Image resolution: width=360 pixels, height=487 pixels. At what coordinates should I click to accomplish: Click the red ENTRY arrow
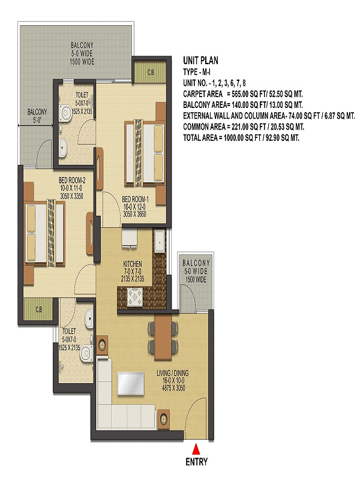coord(196,449)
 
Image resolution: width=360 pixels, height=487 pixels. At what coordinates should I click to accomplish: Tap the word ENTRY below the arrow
coord(196,462)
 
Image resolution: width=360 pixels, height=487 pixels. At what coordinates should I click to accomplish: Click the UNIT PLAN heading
coord(200,60)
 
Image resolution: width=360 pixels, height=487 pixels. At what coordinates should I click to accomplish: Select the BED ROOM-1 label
coord(135,199)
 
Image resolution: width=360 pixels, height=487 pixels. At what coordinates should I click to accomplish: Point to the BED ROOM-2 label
coord(72,180)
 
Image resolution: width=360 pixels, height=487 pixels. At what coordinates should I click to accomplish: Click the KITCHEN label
coord(133,264)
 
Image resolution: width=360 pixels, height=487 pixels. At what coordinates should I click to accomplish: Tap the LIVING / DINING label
coord(173,373)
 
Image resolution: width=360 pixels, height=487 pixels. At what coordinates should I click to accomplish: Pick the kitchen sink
coord(160,241)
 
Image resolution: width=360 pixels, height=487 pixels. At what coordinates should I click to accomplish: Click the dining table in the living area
coord(163,337)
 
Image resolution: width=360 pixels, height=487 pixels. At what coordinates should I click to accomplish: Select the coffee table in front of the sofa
coord(131,384)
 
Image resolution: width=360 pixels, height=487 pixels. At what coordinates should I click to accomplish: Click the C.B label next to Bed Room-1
coord(151,73)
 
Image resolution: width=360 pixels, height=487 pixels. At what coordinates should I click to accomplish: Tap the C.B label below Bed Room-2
coord(39,309)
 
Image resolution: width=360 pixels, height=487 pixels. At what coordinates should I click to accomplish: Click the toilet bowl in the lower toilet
coord(86,353)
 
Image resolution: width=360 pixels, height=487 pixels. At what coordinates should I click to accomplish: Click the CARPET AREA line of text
coord(242,94)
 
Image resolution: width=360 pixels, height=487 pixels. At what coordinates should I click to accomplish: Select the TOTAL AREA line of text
coord(241,137)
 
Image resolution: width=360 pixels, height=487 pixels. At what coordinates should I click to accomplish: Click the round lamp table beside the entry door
coord(164,419)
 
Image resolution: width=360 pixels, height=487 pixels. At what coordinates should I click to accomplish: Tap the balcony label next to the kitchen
coord(196,271)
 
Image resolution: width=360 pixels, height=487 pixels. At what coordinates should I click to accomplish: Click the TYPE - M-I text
coord(197,72)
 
